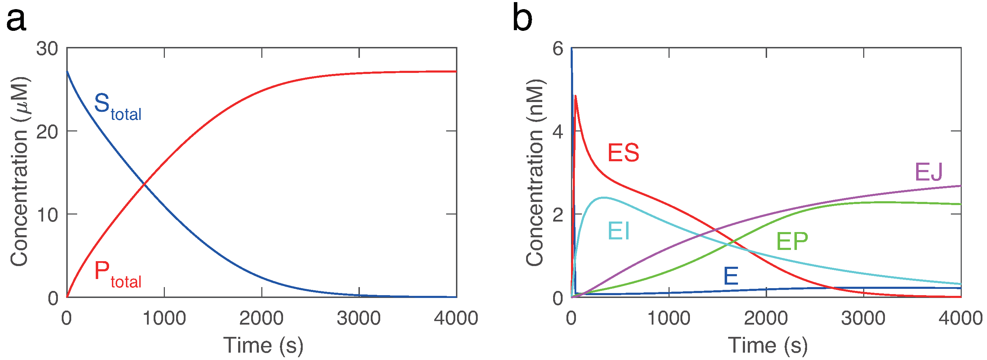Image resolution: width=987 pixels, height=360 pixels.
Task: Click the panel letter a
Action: (16, 20)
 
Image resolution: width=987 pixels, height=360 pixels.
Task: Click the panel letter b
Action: (522, 18)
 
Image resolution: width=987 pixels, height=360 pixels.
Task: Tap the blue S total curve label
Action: (117, 107)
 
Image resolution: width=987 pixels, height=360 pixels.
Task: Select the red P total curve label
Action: (117, 274)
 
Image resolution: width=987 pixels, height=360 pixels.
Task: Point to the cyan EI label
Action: (618, 231)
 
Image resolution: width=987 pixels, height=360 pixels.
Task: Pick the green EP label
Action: (792, 241)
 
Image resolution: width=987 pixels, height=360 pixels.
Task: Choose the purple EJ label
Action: (928, 172)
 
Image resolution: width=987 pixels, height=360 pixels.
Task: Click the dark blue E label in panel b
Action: (731, 276)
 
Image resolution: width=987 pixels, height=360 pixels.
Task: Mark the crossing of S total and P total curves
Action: (144, 185)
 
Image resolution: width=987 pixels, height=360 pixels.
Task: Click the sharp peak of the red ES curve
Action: (576, 96)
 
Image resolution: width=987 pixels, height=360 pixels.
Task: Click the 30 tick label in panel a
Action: (47, 49)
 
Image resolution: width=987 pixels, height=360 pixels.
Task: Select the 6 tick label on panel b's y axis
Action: (558, 49)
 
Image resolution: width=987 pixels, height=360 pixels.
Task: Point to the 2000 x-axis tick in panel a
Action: (261, 318)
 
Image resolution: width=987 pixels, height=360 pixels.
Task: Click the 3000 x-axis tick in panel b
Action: (863, 318)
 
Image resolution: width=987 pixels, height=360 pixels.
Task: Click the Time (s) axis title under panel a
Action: (263, 345)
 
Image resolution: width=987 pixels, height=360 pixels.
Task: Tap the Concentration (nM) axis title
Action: (535, 172)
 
